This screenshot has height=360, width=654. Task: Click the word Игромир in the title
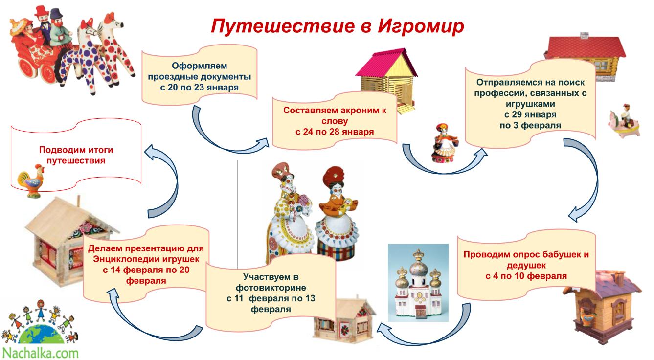tap(421, 27)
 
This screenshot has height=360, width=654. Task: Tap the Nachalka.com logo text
tap(40, 353)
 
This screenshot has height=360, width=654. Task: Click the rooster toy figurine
tap(31, 180)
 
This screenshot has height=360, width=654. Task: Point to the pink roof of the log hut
tap(385, 63)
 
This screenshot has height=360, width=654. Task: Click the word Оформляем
tap(200, 66)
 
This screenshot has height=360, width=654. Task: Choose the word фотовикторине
tap(271, 288)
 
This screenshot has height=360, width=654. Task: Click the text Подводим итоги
tap(76, 150)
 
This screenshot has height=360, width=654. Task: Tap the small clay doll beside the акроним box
tap(444, 143)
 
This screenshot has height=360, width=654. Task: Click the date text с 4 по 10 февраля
tap(526, 276)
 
